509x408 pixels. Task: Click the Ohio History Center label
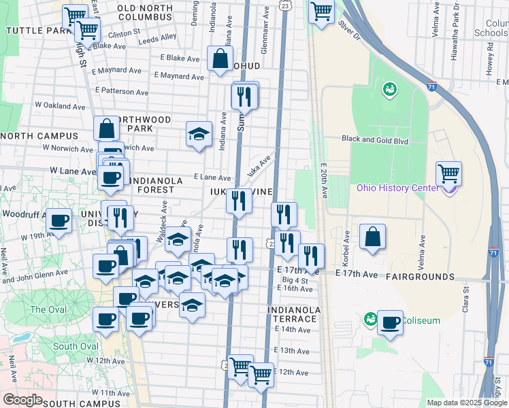pos(397,188)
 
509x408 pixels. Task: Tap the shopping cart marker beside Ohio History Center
pos(448,174)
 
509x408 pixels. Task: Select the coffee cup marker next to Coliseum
pos(390,322)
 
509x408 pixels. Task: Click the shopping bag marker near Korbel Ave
pos(372,237)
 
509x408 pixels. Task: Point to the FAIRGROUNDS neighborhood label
pos(420,277)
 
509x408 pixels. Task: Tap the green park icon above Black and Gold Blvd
pos(390,89)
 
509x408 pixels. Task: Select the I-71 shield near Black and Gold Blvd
pos(431,86)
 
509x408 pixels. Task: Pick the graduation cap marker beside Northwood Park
pos(199,133)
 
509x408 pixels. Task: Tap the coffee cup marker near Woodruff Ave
pos(59,221)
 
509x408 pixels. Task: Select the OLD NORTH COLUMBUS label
pos(144,12)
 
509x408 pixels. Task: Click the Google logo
pos(22,399)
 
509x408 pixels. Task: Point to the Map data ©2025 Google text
pos(466,403)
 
